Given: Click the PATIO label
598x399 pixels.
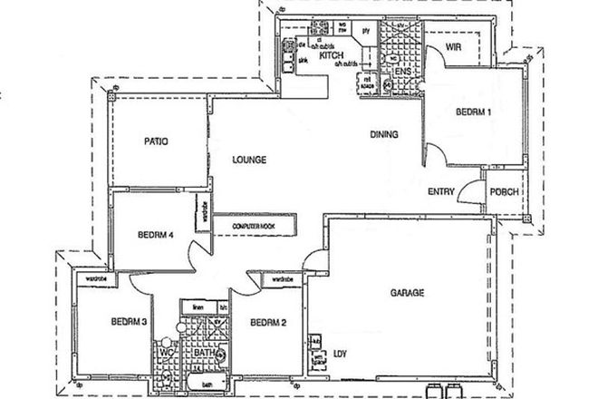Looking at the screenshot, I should point(159,141).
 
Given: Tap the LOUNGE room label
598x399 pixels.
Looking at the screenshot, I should point(248,161).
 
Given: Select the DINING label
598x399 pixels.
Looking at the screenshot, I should point(384,135).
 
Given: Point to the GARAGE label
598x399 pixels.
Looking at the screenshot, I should point(408,293).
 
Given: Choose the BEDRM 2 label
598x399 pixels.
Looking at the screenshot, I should point(268,322).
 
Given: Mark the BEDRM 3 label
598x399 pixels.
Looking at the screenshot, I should point(130,321).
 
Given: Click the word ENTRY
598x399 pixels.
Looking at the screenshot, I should point(441,191).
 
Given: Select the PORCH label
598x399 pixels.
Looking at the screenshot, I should point(503,192).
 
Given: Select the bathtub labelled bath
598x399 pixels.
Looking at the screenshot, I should point(207,384).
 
